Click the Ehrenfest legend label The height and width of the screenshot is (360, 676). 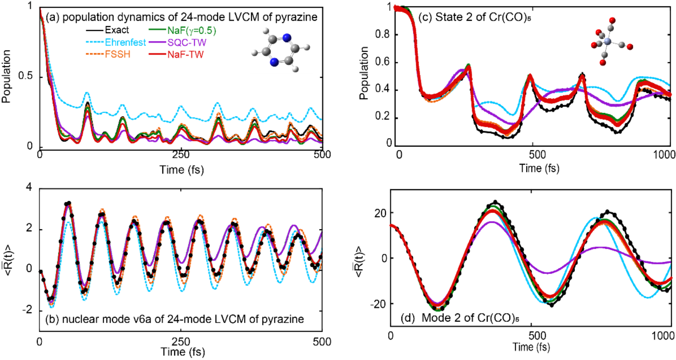coord(125,42)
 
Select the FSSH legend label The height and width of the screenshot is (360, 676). coord(118,55)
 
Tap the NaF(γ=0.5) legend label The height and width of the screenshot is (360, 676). coord(192,30)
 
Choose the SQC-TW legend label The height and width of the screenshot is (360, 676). coord(187,42)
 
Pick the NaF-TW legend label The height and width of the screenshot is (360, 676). coord(185,55)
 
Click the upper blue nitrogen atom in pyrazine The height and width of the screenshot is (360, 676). coord(287,38)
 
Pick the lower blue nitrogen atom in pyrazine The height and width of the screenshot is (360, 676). coord(274,62)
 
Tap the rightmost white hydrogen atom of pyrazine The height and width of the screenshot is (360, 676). coord(307,47)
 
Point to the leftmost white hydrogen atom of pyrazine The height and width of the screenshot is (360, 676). coord(255,53)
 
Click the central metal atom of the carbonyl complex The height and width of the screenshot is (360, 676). coord(608,41)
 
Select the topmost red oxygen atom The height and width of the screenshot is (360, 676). coord(612,21)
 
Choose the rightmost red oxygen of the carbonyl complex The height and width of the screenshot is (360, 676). coord(630,47)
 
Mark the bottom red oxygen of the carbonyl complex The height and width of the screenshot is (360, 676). coord(603,63)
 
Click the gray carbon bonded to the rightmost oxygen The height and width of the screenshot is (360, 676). coord(621,44)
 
